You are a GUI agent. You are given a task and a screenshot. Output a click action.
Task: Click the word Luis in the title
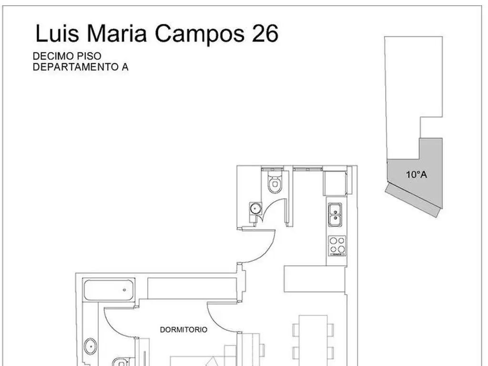pyautogui.click(x=57, y=33)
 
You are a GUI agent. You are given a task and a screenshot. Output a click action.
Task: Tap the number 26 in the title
pyautogui.click(x=265, y=33)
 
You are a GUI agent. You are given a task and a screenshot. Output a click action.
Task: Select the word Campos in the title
pyautogui.click(x=200, y=35)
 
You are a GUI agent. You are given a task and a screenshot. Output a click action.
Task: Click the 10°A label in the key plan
pyautogui.click(x=417, y=174)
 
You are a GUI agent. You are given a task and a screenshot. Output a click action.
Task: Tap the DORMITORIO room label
pyautogui.click(x=183, y=330)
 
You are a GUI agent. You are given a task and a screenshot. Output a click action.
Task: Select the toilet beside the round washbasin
pyautogui.click(x=275, y=183)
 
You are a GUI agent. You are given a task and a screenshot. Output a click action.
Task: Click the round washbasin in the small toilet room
pyautogui.click(x=255, y=208)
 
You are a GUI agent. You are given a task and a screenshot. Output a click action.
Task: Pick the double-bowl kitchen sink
pyautogui.click(x=335, y=215)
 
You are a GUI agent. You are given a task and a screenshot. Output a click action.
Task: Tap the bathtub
pyautogui.click(x=109, y=290)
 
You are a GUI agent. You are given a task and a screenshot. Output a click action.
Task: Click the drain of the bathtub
pyautogui.click(x=124, y=290)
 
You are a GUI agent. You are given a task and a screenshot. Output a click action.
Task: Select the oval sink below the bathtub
pyautogui.click(x=91, y=346)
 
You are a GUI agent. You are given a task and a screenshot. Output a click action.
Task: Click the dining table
pyautogui.click(x=313, y=341)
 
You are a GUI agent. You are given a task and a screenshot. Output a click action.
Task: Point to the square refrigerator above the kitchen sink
pyautogui.click(x=335, y=183)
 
